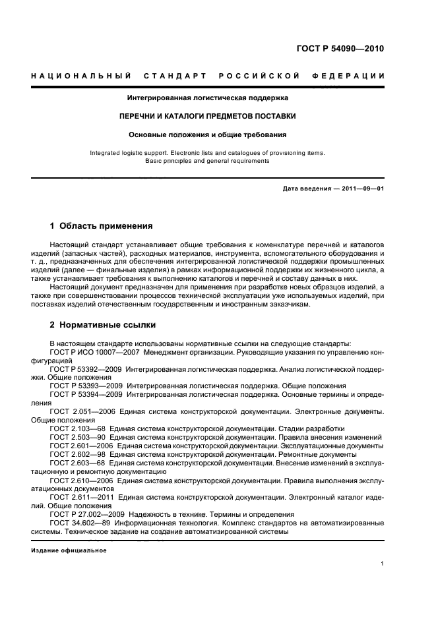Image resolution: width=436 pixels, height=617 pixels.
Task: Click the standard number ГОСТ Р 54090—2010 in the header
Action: (x=342, y=49)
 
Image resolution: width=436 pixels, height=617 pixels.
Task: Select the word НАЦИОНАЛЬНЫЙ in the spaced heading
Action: (x=80, y=76)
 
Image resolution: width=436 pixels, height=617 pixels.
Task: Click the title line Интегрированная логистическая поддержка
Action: (x=207, y=98)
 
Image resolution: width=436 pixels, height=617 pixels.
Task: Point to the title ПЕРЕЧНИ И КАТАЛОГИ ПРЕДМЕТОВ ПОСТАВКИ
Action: (x=207, y=116)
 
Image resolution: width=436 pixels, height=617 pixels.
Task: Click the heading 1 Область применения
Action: (x=101, y=226)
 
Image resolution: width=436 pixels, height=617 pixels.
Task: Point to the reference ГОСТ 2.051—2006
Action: (x=80, y=411)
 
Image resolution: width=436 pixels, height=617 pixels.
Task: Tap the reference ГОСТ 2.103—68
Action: (x=77, y=428)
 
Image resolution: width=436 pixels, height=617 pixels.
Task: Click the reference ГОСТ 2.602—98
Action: (x=77, y=454)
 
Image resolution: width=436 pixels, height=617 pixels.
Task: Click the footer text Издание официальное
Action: (x=59, y=550)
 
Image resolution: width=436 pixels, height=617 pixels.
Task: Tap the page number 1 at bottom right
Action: (x=382, y=564)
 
